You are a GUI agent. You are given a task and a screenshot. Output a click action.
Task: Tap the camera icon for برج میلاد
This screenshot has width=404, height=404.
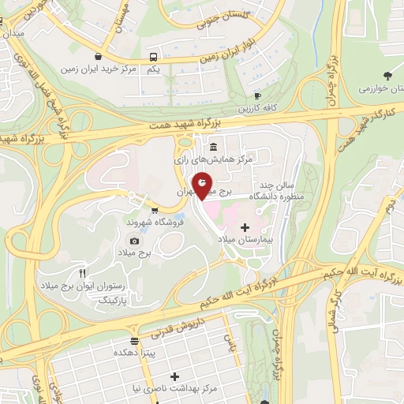point(134,241)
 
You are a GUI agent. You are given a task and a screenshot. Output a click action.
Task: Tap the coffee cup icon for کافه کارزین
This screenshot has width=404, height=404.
point(256,95)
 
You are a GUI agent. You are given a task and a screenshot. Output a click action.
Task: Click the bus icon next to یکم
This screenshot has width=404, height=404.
point(153,56)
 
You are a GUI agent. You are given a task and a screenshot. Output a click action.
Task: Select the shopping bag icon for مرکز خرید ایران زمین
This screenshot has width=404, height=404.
point(97,56)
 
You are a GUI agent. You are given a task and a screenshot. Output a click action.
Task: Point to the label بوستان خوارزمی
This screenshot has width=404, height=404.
point(370,90)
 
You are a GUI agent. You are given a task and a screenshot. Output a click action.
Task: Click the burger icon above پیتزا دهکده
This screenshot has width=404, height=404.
point(136,342)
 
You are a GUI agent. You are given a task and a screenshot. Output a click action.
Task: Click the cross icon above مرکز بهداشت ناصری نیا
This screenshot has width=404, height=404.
point(174,377)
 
